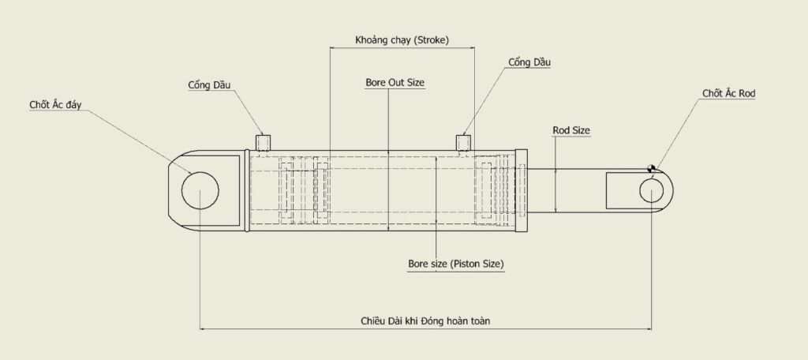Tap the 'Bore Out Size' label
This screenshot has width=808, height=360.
click(395, 82)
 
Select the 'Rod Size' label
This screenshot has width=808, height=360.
click(571, 130)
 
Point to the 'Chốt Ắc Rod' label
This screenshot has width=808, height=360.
click(729, 93)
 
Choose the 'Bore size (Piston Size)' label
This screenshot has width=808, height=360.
click(455, 263)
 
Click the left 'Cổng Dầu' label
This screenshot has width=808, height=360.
click(209, 85)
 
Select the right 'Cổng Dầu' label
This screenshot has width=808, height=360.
click(528, 62)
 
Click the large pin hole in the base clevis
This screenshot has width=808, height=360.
click(200, 190)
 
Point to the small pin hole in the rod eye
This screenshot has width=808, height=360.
click(652, 191)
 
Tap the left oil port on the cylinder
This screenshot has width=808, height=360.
click(264, 142)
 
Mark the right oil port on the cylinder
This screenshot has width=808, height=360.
click(464, 142)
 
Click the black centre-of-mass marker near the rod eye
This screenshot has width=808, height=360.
click(652, 167)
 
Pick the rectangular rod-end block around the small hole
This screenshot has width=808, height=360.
click(622, 191)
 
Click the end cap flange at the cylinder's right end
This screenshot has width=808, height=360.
click(521, 189)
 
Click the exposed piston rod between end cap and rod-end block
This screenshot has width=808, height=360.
click(565, 189)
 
